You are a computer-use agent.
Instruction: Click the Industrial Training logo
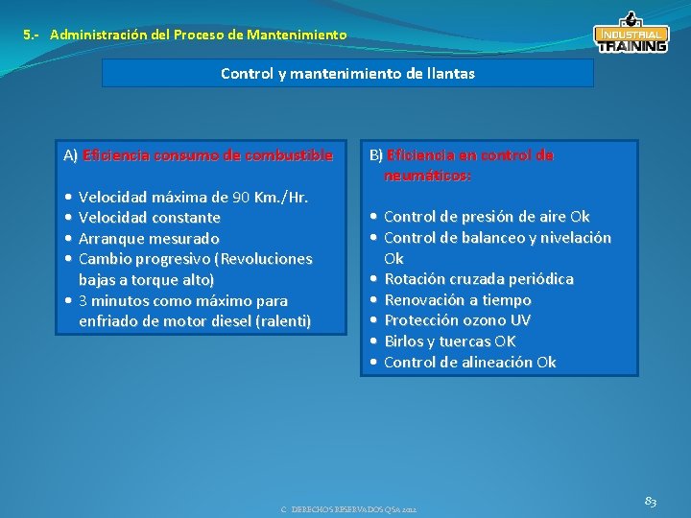pyautogui.click(x=631, y=34)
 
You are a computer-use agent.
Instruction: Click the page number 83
pyautogui.click(x=650, y=501)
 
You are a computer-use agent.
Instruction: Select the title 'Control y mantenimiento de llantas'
pyautogui.click(x=347, y=73)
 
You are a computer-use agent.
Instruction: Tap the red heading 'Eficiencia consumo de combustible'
pyautogui.click(x=208, y=154)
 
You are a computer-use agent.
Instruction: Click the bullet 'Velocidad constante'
pyautogui.click(x=149, y=218)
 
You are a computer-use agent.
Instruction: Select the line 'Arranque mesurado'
pyautogui.click(x=148, y=238)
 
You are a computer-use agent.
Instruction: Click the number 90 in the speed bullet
pyautogui.click(x=241, y=198)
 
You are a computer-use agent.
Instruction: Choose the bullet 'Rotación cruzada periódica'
pyautogui.click(x=478, y=279)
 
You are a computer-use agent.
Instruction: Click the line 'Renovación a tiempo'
pyautogui.click(x=457, y=300)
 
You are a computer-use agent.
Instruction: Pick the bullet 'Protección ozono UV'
pyautogui.click(x=457, y=320)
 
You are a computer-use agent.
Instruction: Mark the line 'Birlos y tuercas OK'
pyautogui.click(x=449, y=341)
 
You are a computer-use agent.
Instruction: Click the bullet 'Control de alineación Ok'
pyautogui.click(x=469, y=362)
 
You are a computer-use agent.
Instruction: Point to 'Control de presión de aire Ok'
pyautogui.click(x=487, y=217)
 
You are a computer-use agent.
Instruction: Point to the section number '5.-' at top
pyautogui.click(x=32, y=35)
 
